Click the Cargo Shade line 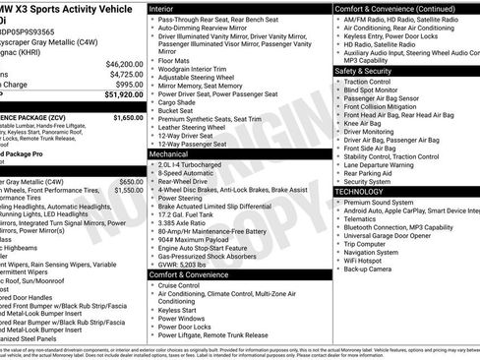tap(178, 101)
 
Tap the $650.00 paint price tap(130, 181)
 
